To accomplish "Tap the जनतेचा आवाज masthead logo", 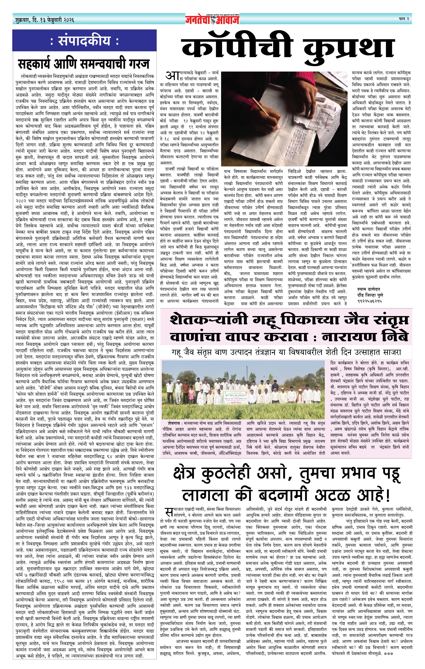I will (x=212, y=19).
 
